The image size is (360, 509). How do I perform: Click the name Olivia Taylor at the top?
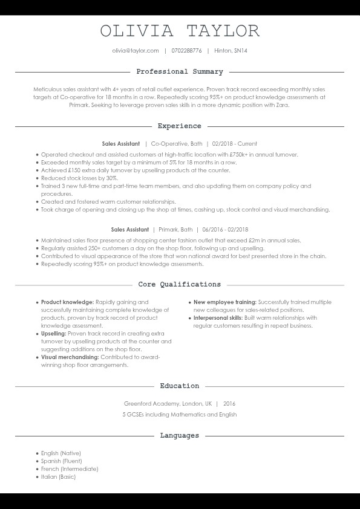(180, 31)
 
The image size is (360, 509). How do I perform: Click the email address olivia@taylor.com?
(136, 51)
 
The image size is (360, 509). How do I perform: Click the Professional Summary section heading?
(180, 72)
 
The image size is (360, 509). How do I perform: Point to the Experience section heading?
(180, 126)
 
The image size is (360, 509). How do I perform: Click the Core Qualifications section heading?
(180, 284)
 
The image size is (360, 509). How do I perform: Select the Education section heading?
(180, 386)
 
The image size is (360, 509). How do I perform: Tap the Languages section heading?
(180, 435)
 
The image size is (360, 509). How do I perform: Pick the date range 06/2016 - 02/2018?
(226, 230)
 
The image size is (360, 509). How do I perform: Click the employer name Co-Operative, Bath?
(177, 144)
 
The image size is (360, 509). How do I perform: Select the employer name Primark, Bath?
(175, 230)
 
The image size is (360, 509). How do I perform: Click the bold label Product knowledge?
(67, 302)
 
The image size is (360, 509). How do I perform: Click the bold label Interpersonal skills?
(218, 317)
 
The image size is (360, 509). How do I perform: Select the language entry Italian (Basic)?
(59, 477)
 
